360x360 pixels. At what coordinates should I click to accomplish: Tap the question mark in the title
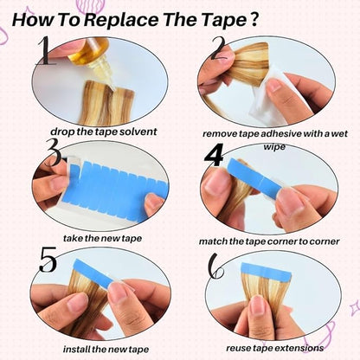pos(253,19)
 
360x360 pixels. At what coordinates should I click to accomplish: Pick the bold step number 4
pos(214,155)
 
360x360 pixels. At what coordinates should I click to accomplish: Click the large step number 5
pos(48,260)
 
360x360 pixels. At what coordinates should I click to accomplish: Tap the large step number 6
pos(216,266)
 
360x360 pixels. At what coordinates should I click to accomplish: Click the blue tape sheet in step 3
pos(115,189)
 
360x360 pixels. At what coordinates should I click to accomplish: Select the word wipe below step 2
pos(274,147)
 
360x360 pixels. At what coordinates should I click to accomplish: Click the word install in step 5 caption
pos(77,350)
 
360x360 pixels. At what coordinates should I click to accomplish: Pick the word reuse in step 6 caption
pos(237,349)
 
